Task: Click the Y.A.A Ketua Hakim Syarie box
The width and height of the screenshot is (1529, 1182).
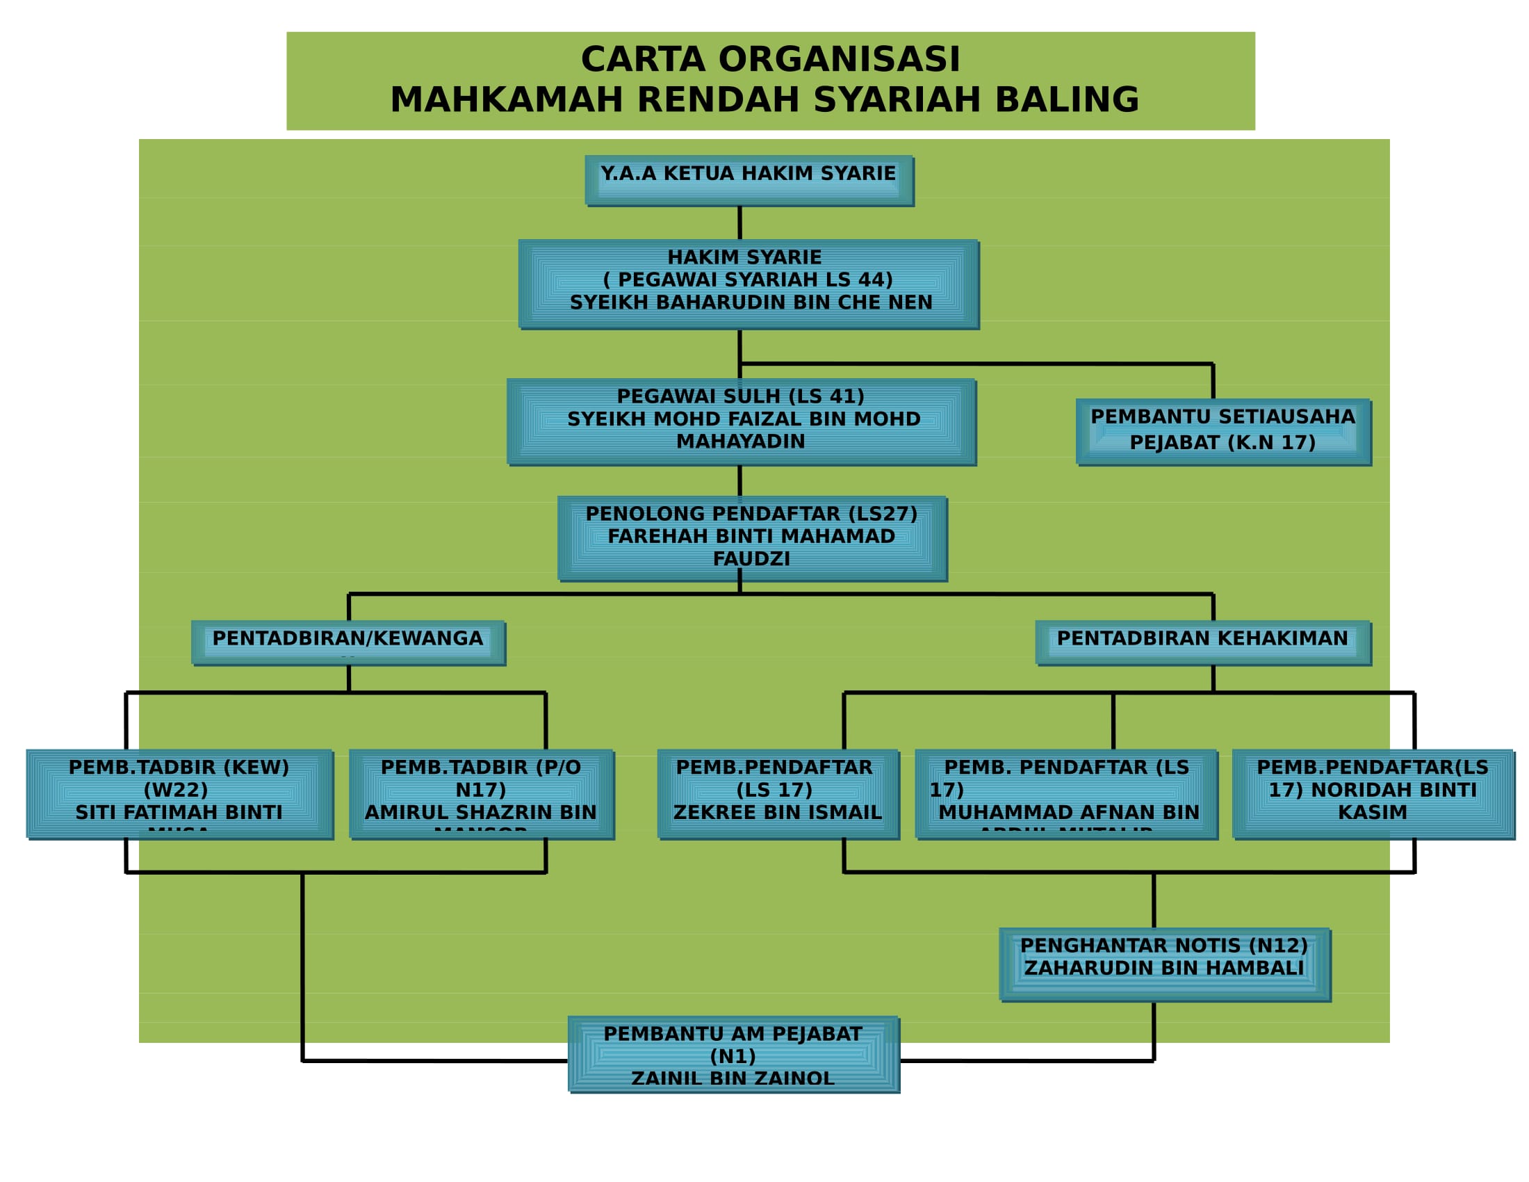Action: point(749,181)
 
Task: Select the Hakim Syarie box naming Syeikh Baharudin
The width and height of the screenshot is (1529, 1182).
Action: point(749,284)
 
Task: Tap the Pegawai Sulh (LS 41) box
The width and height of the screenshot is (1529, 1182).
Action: point(742,421)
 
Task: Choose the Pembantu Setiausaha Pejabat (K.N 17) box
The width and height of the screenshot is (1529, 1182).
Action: point(1223,431)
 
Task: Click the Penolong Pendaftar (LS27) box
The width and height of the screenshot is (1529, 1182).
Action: point(753,537)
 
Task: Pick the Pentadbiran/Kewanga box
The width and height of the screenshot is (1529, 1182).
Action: point(348,642)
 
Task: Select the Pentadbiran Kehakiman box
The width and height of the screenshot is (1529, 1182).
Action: point(1203,642)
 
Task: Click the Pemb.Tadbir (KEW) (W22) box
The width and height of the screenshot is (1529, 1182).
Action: point(179,793)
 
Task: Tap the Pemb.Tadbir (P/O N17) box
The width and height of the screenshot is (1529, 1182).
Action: point(481,793)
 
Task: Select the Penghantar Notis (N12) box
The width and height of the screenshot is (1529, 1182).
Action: point(1164,964)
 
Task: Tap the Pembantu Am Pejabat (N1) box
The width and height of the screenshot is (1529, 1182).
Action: point(733,1054)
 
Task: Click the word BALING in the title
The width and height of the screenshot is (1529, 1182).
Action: point(1067,99)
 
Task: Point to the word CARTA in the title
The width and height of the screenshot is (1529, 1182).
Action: point(643,59)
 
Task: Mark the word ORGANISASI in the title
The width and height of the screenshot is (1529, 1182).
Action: point(840,59)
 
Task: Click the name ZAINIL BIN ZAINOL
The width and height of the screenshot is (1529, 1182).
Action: point(733,1078)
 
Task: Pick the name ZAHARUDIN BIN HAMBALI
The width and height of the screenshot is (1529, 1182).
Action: point(1164,968)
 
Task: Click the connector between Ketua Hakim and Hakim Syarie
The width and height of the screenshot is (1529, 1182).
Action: point(740,222)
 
